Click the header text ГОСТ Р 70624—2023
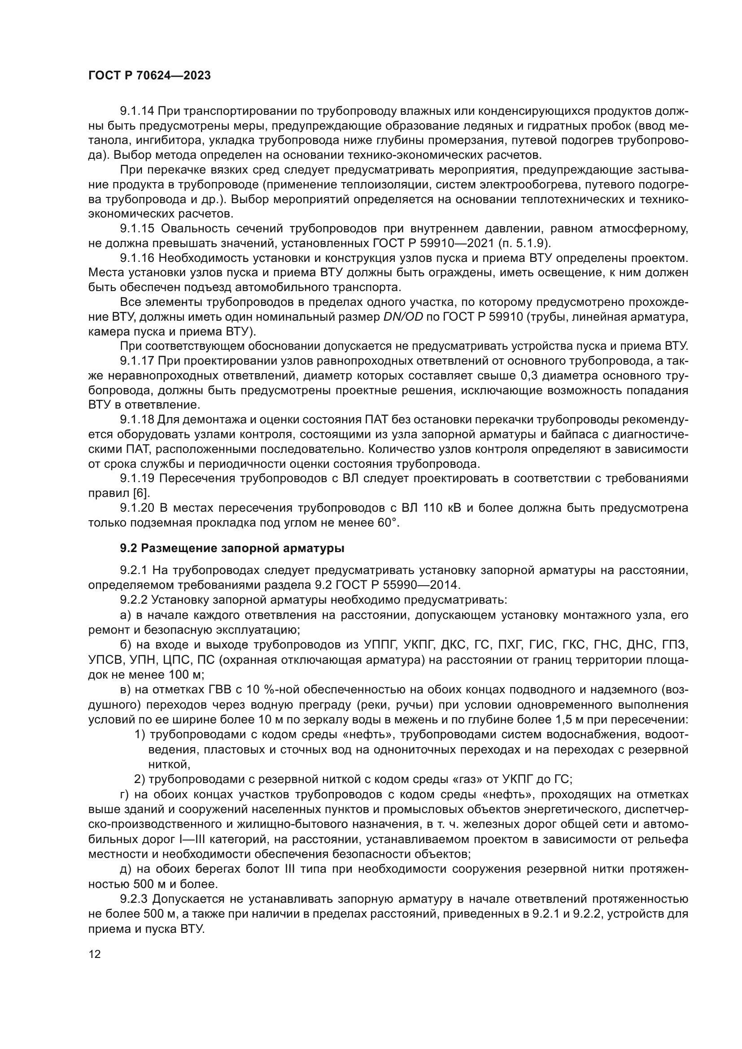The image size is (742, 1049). click(149, 76)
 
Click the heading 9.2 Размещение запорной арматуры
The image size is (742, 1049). click(232, 548)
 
